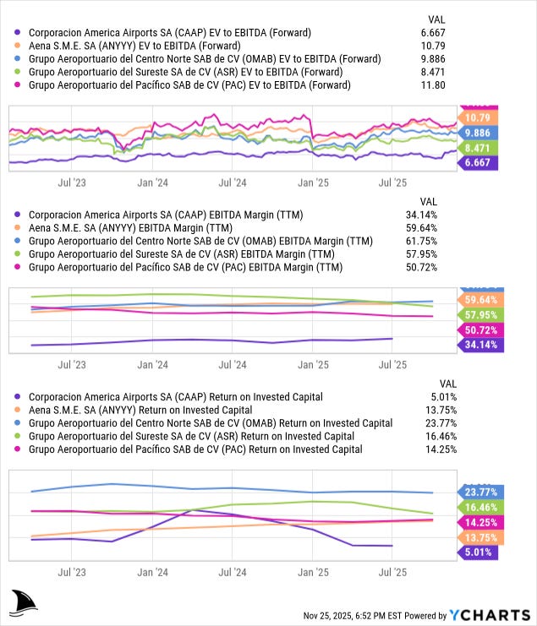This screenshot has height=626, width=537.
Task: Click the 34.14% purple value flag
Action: click(482, 344)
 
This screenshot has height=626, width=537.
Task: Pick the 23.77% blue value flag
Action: click(482, 493)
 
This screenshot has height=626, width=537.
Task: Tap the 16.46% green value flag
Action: click(482, 508)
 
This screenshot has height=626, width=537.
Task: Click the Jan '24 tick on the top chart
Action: click(151, 182)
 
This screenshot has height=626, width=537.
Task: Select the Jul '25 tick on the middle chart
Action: click(392, 364)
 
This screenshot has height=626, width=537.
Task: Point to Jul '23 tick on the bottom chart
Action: click(71, 572)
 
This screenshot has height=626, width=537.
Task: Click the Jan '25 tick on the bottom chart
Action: click(312, 572)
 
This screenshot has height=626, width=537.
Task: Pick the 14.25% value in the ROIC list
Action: click(440, 449)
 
